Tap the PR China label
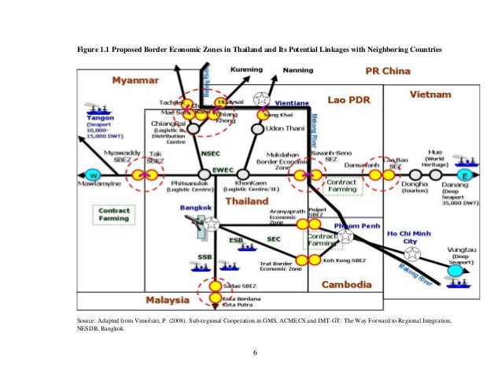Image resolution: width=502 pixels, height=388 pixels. [x=389, y=72]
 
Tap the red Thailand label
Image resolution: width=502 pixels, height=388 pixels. [x=248, y=201]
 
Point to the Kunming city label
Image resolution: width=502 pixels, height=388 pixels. [x=246, y=70]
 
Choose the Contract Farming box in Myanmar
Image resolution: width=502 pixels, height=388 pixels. [x=112, y=215]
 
